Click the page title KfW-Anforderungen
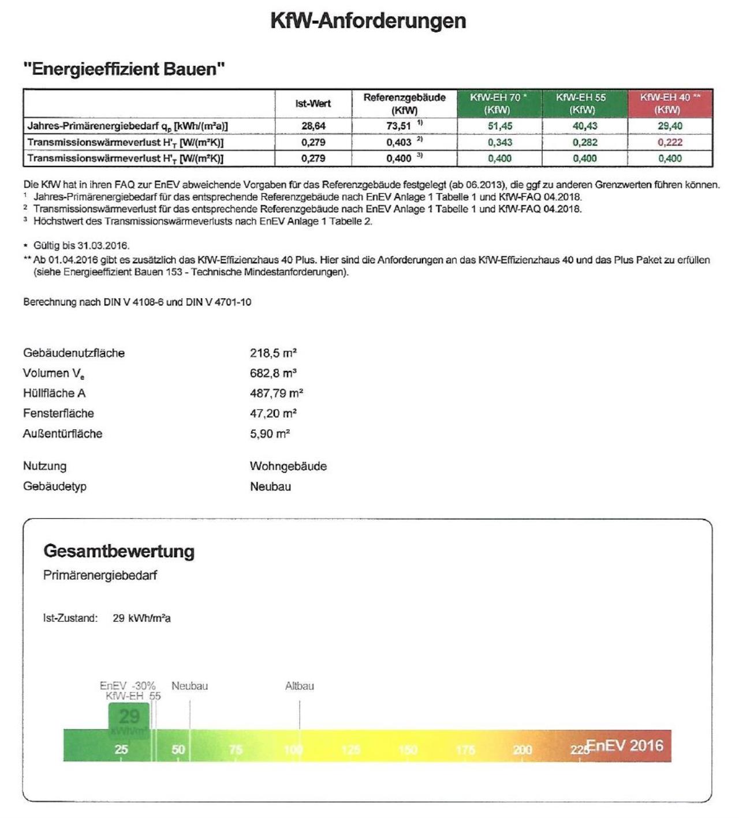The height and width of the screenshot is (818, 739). click(368, 21)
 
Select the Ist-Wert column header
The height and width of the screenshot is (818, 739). click(313, 104)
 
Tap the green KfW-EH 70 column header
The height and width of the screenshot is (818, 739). click(499, 103)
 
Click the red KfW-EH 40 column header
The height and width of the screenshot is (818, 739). click(670, 103)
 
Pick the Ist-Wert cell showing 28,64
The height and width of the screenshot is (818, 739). click(313, 126)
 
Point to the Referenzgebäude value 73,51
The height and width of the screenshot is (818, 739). click(399, 126)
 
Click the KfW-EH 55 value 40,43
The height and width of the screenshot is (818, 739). click(584, 126)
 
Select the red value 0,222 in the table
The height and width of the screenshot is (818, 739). click(670, 142)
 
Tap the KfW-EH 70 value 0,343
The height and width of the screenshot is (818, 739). click(499, 142)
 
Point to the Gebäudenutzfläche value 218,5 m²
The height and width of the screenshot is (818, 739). click(273, 353)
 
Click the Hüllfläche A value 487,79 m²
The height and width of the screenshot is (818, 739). click(277, 393)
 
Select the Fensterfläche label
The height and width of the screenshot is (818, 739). click(58, 414)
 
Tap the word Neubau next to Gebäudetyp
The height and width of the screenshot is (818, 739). click(270, 486)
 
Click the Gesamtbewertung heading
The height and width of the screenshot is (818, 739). click(119, 551)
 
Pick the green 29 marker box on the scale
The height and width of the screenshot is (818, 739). click(129, 720)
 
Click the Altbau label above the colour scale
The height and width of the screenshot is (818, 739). click(300, 686)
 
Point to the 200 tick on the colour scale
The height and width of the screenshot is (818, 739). click(522, 749)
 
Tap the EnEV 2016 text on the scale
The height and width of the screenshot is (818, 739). click(625, 745)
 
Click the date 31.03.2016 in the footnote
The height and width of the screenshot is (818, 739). click(102, 246)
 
